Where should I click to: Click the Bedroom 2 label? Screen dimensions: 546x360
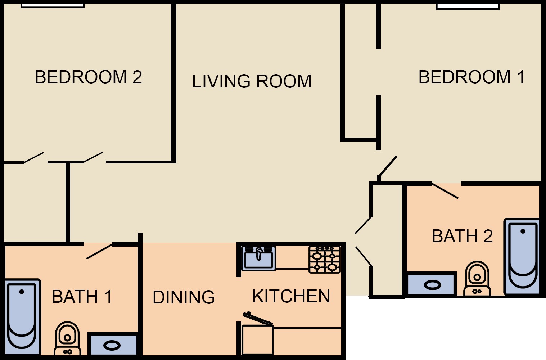[x=88, y=77]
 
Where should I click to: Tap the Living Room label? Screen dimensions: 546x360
[x=252, y=81]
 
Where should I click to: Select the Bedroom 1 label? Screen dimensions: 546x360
[x=471, y=77]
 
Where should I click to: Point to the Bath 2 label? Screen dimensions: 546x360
[x=462, y=236]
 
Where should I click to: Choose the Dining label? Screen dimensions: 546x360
[x=184, y=297]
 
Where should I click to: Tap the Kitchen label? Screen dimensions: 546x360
[x=291, y=296]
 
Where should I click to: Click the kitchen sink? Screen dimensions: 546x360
[x=259, y=258]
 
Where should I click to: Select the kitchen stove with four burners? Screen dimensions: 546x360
[x=324, y=260]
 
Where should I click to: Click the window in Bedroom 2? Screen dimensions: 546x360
[x=53, y=6]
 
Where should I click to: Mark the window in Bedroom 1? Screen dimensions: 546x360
[x=468, y=6]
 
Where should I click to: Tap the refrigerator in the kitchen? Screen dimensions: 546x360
[x=258, y=340]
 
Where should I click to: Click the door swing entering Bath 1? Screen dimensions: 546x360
[x=99, y=251]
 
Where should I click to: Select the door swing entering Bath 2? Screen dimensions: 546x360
[x=445, y=191]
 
